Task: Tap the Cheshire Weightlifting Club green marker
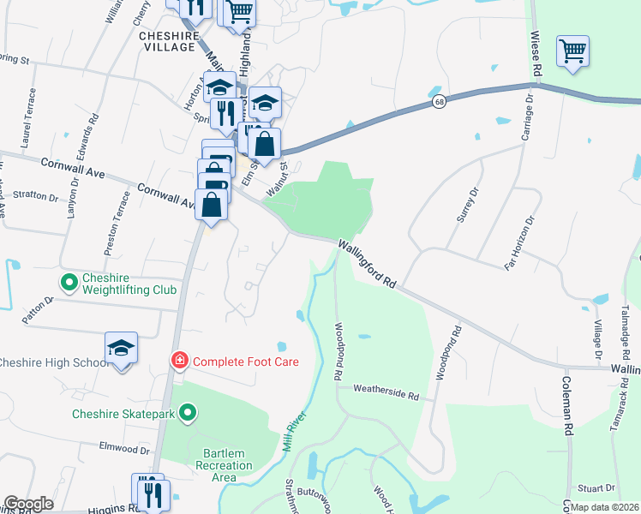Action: click(x=68, y=281)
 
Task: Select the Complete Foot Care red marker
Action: click(x=180, y=361)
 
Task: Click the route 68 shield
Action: click(x=439, y=102)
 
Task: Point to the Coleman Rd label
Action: click(x=566, y=409)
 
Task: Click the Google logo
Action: click(x=28, y=504)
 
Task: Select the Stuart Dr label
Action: click(x=596, y=487)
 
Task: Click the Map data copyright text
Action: click(x=605, y=506)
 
